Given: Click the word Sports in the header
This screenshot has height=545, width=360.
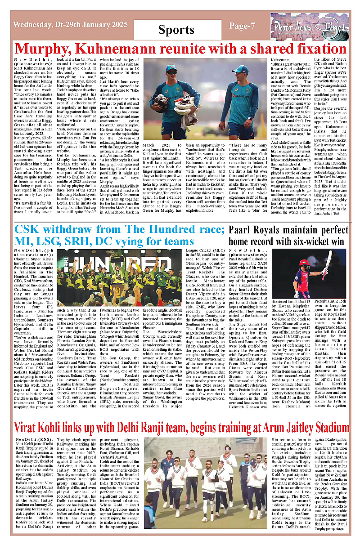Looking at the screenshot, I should coord(176,30).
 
